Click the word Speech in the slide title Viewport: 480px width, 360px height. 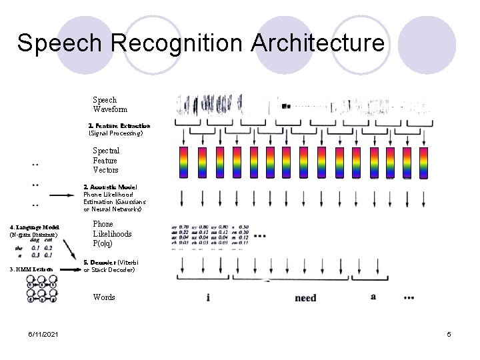pos(61,43)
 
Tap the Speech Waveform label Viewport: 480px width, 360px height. pos(110,105)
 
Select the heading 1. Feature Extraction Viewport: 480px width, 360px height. pos(119,125)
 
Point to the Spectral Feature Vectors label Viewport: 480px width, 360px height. pos(105,161)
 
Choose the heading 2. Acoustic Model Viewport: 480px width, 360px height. pos(110,187)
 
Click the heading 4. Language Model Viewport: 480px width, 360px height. pos(34,228)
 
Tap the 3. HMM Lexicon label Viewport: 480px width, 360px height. pos(31,269)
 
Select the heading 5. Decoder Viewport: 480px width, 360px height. pos(98,263)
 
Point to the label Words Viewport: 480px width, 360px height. pos(104,297)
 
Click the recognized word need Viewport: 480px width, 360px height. pos(305,298)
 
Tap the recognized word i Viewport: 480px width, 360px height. pos(208,297)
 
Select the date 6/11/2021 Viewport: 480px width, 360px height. pos(42,333)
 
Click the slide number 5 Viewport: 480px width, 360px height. pos(449,333)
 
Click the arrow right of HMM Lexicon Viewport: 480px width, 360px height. pos(67,269)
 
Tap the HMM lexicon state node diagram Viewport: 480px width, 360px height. pos(41,287)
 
